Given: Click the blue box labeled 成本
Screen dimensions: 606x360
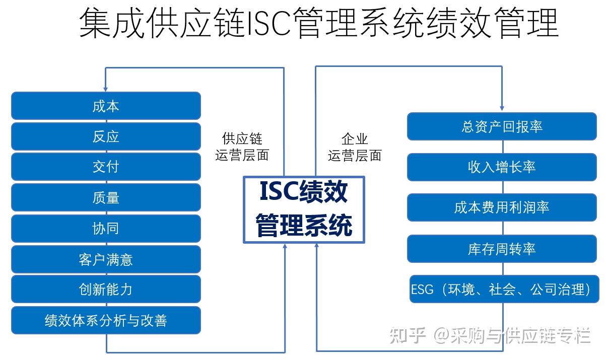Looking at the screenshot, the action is pyautogui.click(x=106, y=106).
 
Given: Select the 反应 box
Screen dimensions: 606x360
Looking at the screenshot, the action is pyautogui.click(x=106, y=136).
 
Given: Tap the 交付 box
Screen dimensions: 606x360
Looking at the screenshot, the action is pyautogui.click(x=106, y=167).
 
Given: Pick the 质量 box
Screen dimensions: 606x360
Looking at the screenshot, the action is pyautogui.click(x=106, y=197).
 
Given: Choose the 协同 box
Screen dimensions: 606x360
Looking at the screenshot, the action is pyautogui.click(x=106, y=228).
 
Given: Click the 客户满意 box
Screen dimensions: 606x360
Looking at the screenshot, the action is pyautogui.click(x=106, y=259).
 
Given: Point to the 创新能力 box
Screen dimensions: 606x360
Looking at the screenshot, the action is pyautogui.click(x=106, y=289).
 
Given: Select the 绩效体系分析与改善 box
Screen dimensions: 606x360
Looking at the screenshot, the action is pyautogui.click(x=106, y=320).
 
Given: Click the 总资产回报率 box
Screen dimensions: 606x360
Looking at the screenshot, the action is pyautogui.click(x=502, y=126).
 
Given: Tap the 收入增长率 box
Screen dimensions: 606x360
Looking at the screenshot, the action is pyautogui.click(x=502, y=167).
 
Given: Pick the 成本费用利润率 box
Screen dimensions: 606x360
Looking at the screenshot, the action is pyautogui.click(x=502, y=207).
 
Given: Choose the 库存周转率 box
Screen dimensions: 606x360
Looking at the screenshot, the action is pyautogui.click(x=502, y=249).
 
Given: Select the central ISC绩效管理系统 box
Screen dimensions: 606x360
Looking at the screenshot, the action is pyautogui.click(x=304, y=209).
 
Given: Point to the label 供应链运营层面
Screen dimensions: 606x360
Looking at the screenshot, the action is pyautogui.click(x=242, y=147).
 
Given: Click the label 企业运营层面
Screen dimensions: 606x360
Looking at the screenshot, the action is pyautogui.click(x=355, y=147).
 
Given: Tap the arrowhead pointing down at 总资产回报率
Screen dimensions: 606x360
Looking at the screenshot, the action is pyautogui.click(x=502, y=107).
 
